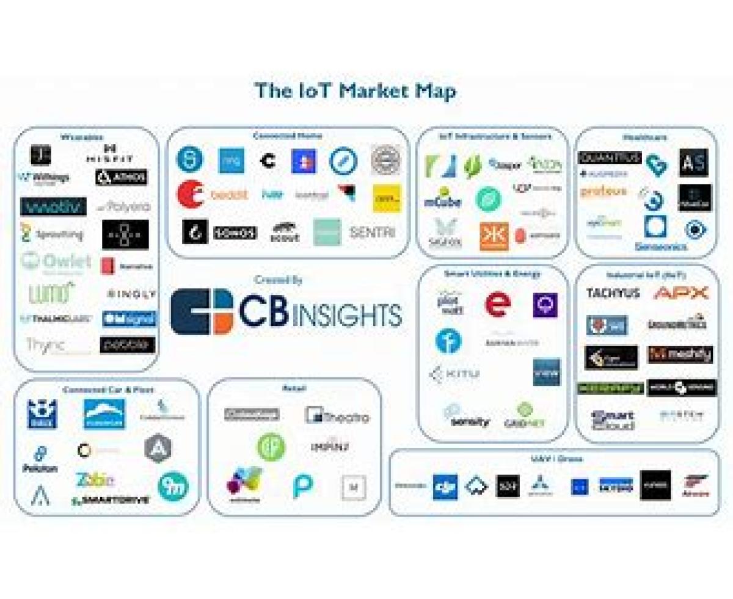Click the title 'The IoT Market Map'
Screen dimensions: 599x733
355,92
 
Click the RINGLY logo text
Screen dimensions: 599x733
131,294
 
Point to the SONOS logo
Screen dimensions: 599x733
235,233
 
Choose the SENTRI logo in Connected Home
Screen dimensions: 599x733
372,233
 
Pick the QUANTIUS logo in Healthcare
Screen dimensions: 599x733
609,158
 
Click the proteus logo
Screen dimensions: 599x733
603,192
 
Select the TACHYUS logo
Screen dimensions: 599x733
613,294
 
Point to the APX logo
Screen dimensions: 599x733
681,294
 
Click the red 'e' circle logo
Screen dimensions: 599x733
497,304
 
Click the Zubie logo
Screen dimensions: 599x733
95,479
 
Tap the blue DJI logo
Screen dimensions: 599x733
445,487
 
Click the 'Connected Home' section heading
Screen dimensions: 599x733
287,136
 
